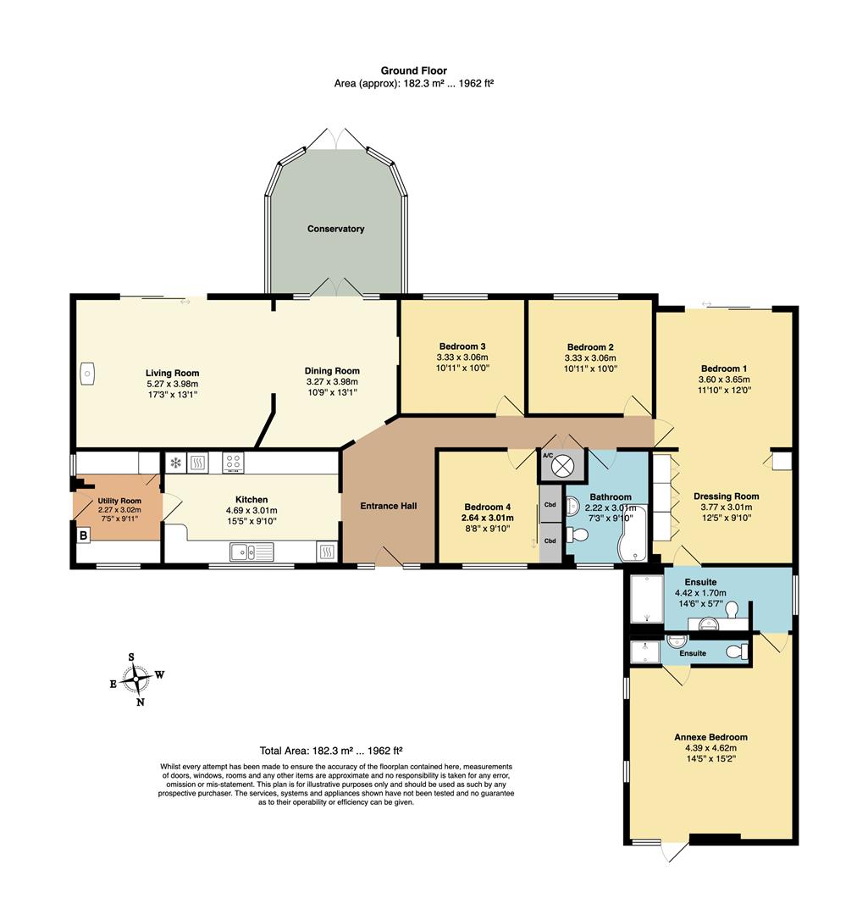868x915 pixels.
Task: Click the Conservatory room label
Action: pos(335,229)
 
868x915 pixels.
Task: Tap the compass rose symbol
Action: pos(136,679)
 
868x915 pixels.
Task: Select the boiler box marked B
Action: pos(84,535)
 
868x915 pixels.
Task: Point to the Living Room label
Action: pos(172,373)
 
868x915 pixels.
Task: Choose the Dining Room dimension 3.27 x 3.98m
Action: pos(332,381)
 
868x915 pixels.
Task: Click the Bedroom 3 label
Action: pos(462,347)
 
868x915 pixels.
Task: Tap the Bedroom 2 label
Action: pos(590,347)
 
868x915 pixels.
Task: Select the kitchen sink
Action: pos(252,552)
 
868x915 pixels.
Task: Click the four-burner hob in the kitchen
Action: pos(234,463)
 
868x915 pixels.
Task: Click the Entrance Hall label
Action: pos(389,506)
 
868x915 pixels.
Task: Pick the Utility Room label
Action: pos(119,501)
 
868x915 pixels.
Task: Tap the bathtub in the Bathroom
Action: pos(633,535)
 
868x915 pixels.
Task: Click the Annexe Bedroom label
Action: pos(711,737)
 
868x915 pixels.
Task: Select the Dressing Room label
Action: pos(727,496)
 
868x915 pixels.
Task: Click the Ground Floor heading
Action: pos(414,70)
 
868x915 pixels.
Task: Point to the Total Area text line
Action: pos(331,751)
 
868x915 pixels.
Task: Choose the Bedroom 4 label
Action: pos(488,507)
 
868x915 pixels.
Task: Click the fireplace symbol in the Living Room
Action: pos(87,374)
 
